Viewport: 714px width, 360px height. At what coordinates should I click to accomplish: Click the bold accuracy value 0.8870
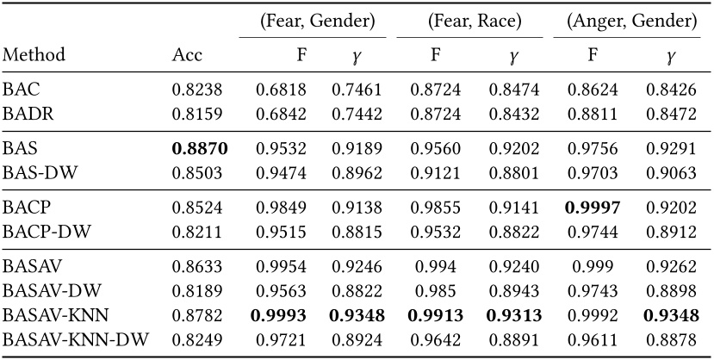[x=199, y=148]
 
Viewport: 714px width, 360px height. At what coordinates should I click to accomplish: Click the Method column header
[x=34, y=55]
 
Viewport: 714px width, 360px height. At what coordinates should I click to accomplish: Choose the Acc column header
[x=188, y=55]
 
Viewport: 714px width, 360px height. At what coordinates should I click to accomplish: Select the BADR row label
[x=24, y=111]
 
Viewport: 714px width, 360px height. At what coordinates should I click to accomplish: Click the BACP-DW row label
[x=40, y=230]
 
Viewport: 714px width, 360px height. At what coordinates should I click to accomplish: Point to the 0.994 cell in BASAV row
[x=437, y=267]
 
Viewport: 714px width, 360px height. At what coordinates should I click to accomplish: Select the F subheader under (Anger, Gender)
[x=593, y=55]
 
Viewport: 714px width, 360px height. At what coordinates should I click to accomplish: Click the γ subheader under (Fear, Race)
[x=513, y=57]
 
